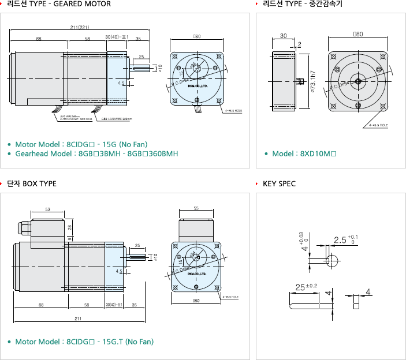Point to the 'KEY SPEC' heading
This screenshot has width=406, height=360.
coord(279,184)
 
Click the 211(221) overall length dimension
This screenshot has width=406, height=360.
coord(79,28)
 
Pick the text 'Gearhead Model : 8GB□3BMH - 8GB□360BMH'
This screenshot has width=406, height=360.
coord(96,154)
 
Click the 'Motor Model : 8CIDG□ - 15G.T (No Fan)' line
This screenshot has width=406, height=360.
coord(84,342)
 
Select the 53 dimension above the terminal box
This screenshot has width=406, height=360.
coord(47,209)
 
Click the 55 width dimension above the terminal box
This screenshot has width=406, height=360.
coord(196,208)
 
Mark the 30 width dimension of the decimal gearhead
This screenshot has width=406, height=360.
coord(283,36)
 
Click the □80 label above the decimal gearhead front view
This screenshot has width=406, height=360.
coord(358,35)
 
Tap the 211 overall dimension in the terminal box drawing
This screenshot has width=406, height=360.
coord(78,318)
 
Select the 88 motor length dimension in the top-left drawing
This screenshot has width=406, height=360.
coord(38,39)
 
